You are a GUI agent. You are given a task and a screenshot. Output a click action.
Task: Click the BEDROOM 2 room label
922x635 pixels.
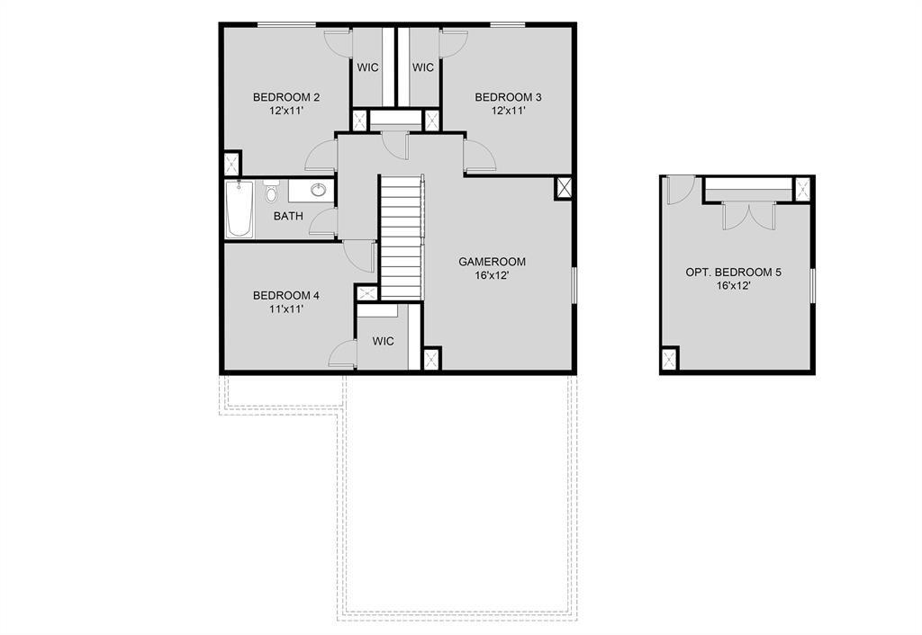point(286,97)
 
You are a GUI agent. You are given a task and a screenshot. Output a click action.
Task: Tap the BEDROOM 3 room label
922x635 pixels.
point(509,97)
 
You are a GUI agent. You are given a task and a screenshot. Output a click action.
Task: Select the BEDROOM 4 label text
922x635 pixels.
point(286,295)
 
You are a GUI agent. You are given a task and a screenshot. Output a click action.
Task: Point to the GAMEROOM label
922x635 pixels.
point(492,262)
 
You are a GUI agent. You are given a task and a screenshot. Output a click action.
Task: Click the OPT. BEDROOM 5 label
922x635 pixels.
point(734,272)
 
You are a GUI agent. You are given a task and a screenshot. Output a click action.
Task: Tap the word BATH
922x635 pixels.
point(288,216)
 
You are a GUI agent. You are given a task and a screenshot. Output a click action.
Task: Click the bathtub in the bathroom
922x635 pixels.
point(240,209)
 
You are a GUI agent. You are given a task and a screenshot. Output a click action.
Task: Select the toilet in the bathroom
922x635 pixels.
point(271,192)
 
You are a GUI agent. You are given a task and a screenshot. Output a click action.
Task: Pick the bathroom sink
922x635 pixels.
point(318,189)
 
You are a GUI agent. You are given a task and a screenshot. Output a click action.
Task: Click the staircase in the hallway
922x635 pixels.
point(401,238)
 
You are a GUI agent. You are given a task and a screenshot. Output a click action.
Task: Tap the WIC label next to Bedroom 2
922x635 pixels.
point(367,67)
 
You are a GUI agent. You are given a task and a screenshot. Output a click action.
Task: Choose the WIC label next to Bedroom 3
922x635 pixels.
point(423,67)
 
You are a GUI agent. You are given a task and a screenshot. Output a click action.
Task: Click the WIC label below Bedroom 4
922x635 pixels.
point(384,341)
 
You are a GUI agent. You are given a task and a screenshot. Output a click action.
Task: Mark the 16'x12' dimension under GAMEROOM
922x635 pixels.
point(492,276)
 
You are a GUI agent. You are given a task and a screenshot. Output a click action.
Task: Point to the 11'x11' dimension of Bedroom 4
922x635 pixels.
point(286,309)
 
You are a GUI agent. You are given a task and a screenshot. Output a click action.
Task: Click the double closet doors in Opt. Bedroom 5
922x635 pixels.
point(749,216)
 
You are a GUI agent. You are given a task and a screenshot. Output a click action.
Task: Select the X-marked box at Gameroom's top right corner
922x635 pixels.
point(565,188)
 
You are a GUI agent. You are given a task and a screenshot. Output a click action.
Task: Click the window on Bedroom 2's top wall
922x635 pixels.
point(286,24)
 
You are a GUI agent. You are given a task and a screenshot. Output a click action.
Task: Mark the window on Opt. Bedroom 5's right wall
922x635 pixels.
point(812,286)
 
